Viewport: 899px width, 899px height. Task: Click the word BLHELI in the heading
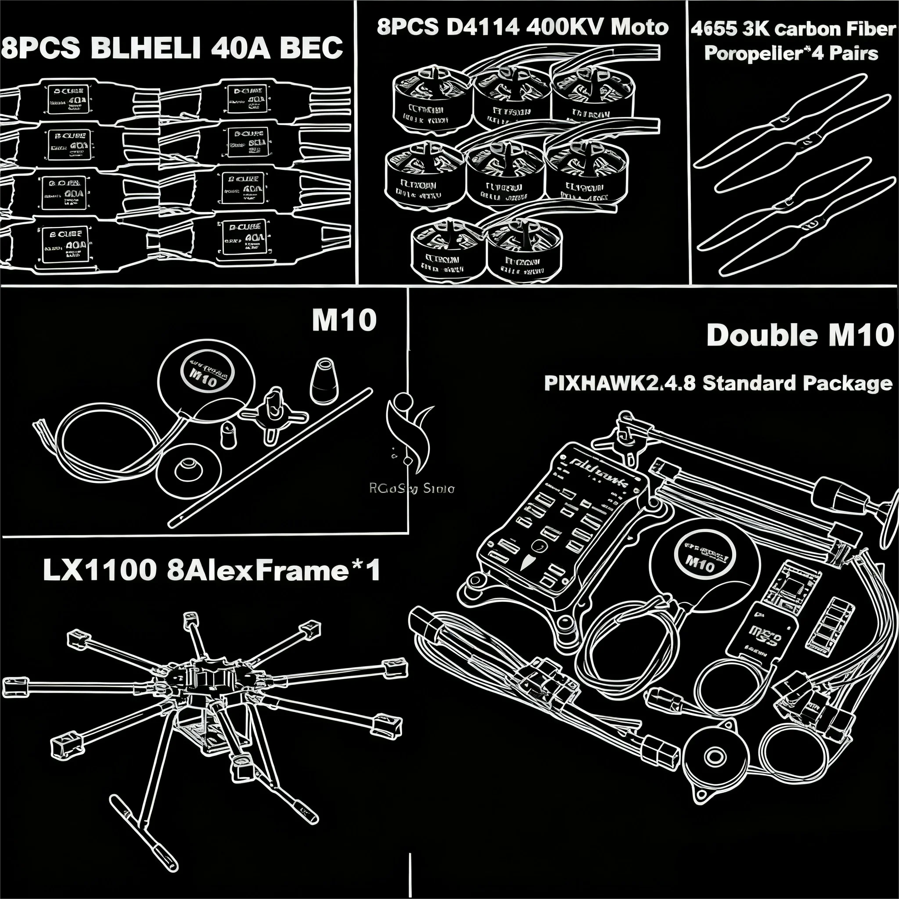pyautogui.click(x=147, y=48)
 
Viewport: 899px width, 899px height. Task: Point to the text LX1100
pyautogui.click(x=100, y=570)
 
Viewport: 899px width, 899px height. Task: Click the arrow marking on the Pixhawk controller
pyautogui.click(x=526, y=563)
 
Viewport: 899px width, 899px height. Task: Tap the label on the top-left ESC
pyautogui.click(x=68, y=100)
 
